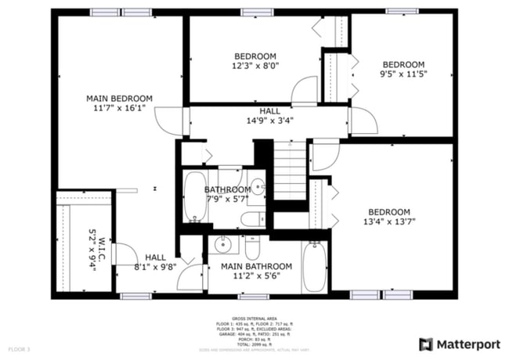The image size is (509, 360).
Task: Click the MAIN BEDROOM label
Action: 119,99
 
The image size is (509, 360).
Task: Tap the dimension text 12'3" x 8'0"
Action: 256,67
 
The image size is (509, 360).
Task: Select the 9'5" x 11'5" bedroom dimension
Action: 403,75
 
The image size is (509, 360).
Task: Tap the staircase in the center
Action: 289,168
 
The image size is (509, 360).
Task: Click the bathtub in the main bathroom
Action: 313,267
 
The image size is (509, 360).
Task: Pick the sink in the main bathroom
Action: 223,245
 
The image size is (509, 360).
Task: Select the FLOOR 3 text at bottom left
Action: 19,348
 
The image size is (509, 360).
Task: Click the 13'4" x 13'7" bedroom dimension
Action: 389,221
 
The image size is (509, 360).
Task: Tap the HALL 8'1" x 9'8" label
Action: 154,261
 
